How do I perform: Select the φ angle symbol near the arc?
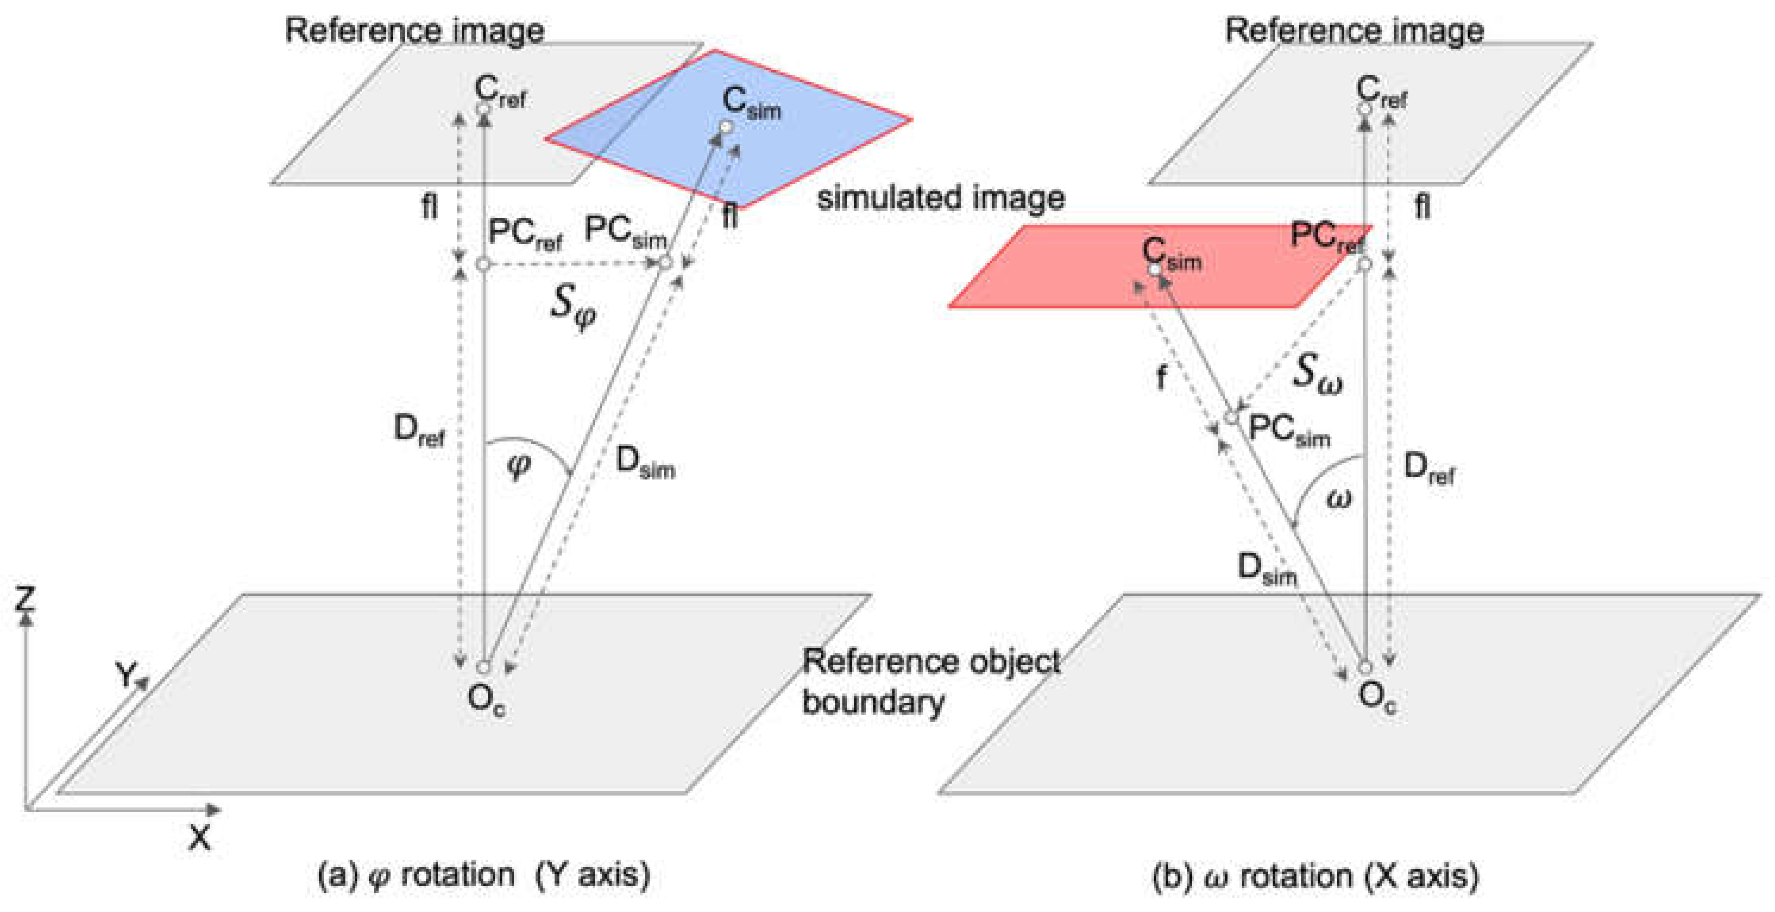[x=518, y=466]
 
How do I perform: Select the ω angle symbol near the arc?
[x=1338, y=497]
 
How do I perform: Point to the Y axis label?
[x=126, y=673]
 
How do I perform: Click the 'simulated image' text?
[x=940, y=198]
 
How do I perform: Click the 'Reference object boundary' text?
[x=930, y=681]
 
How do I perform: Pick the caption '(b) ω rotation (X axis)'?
[x=1315, y=876]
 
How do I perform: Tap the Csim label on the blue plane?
[x=750, y=103]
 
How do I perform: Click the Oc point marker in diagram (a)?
[x=483, y=667]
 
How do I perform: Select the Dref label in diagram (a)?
[x=418, y=431]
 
